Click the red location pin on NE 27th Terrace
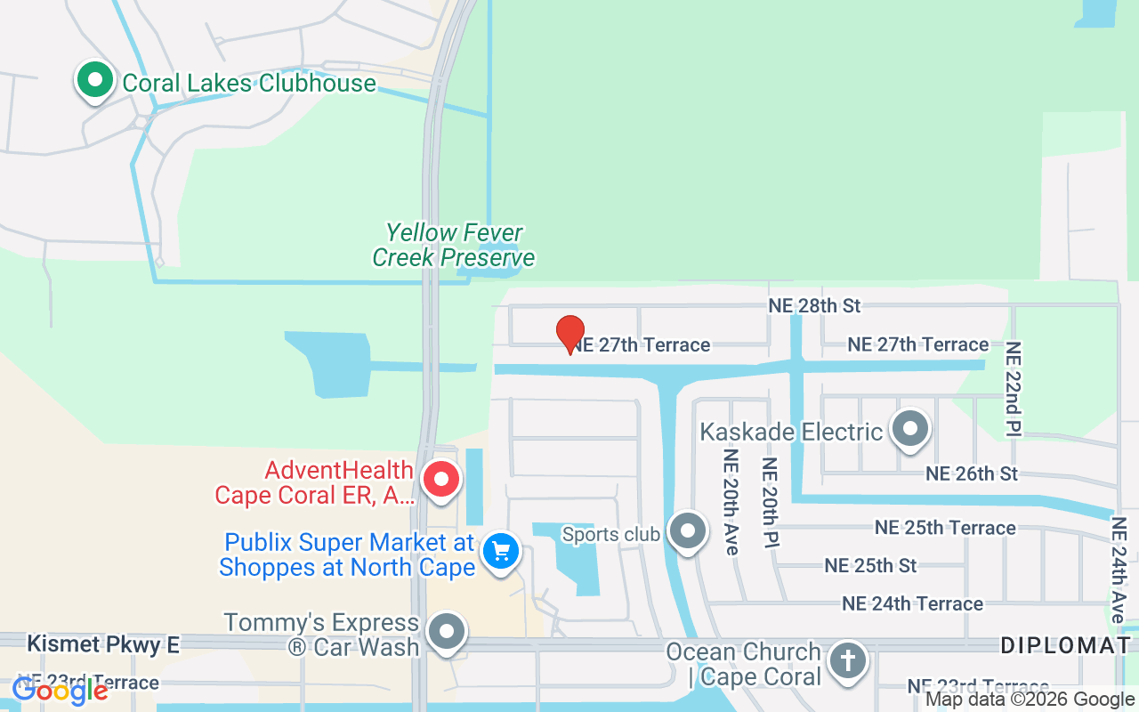coord(570,335)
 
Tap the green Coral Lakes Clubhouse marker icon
coord(95,80)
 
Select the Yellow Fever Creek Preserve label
coord(454,246)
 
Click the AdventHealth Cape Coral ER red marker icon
coord(440,480)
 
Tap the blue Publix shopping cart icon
coord(501,551)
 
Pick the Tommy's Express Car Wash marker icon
coord(446,633)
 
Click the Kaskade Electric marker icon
coord(909,430)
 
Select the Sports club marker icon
coord(687,532)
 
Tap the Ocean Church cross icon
coord(848,662)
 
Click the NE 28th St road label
coord(814,305)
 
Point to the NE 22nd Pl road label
coord(1014,389)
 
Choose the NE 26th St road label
coord(972,473)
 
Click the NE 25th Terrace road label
coord(945,528)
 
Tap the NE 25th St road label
coord(870,565)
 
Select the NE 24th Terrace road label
coord(912,603)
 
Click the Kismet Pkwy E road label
coord(102,644)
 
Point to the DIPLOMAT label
coord(1065,646)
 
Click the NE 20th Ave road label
coord(731,502)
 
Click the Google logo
coord(61,690)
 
